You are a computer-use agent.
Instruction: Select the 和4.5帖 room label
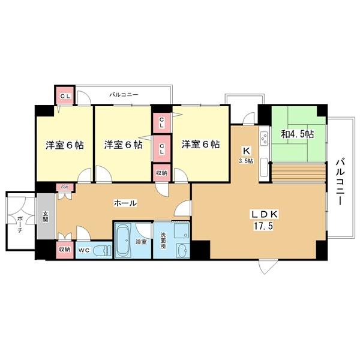pos(298,134)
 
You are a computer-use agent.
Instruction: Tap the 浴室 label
pos(141,243)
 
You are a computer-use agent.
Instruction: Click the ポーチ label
pos(20,221)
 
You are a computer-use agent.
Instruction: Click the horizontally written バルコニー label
pos(124,95)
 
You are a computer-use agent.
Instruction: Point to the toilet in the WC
pos(103,249)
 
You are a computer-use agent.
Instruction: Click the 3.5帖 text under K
pos(247,161)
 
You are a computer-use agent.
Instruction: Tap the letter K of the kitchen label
pos(246,151)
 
